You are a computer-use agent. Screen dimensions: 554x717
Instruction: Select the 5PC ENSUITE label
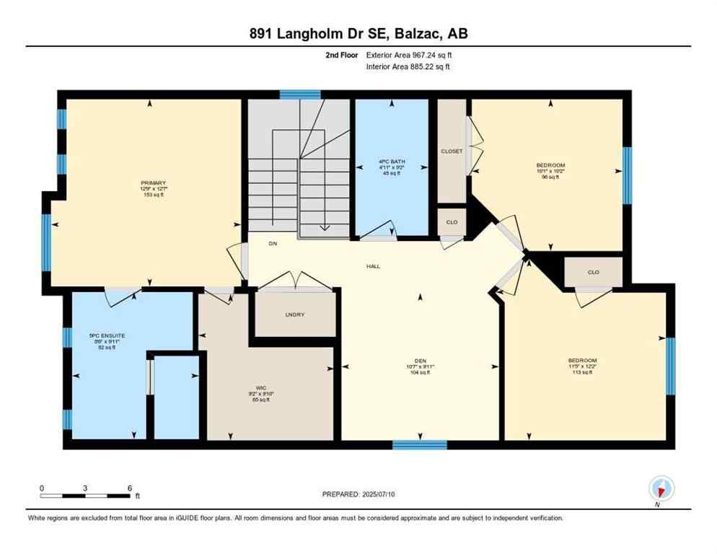(102, 336)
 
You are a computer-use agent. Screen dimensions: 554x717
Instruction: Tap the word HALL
(372, 266)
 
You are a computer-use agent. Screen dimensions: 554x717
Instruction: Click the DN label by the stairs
(273, 244)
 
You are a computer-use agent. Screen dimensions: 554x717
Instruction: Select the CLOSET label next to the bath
(452, 151)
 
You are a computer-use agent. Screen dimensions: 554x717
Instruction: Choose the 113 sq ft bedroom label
(582, 361)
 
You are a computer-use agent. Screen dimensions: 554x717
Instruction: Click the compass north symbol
(659, 490)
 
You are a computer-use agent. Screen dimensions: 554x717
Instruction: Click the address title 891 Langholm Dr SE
(358, 33)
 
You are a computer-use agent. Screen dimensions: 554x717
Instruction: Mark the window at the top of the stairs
(300, 94)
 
